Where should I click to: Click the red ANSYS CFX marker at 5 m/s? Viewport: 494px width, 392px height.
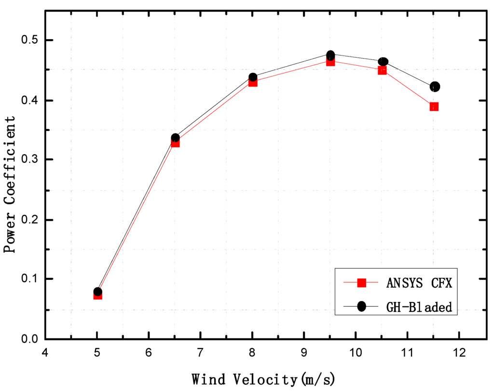(x=97, y=295)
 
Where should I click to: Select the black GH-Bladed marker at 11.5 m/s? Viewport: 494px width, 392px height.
(x=435, y=87)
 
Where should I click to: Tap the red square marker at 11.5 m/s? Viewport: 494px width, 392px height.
(x=434, y=106)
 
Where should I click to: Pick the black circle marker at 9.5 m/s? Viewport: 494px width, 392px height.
(x=330, y=55)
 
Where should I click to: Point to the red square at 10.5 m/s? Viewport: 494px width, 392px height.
(x=383, y=70)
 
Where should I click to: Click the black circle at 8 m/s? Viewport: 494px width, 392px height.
(x=253, y=77)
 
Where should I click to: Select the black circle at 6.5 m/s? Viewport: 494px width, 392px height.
(x=175, y=138)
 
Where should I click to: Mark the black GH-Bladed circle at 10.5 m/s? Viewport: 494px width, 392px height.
(x=383, y=61)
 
